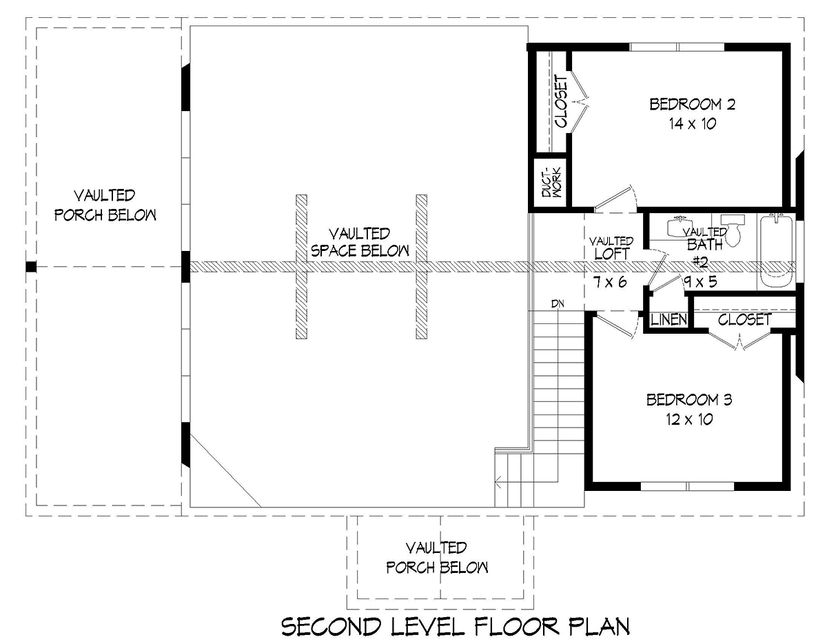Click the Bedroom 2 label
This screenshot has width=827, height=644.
[x=692, y=104]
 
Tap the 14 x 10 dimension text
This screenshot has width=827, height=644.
[x=693, y=123]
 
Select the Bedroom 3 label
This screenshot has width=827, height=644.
[x=689, y=400]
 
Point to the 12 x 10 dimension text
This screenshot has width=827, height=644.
[x=689, y=419]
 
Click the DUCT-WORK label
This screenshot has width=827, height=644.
[x=551, y=182]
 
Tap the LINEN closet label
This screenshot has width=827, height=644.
[x=668, y=320]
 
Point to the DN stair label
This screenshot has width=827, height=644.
[x=558, y=304]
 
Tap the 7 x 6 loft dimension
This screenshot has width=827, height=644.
[x=610, y=282]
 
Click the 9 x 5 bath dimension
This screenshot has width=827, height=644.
[x=701, y=281]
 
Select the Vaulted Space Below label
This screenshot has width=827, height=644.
[x=360, y=242]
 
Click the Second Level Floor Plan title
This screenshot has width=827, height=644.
[x=456, y=627]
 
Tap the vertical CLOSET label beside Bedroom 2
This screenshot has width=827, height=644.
[x=561, y=101]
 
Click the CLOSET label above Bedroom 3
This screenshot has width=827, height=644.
[x=744, y=320]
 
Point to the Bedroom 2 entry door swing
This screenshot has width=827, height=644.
[x=616, y=199]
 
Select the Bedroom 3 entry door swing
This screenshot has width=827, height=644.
[x=616, y=324]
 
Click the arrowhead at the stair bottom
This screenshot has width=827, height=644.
[x=498, y=485]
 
